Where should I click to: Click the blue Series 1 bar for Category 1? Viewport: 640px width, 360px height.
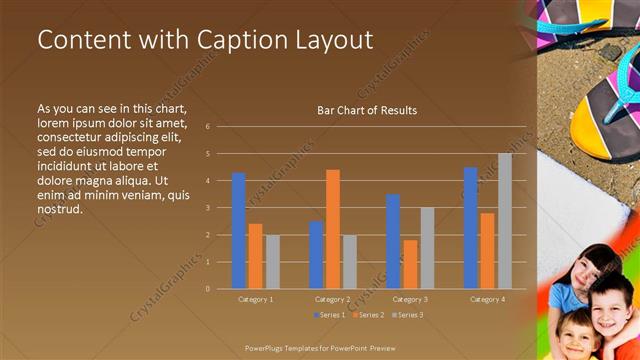tap(238, 231)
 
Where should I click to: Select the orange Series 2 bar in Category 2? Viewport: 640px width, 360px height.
tap(333, 229)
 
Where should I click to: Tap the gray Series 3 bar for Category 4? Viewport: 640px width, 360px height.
tap(505, 221)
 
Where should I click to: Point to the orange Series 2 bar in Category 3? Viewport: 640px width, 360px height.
tap(410, 264)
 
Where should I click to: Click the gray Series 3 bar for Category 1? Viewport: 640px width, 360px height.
tap(273, 262)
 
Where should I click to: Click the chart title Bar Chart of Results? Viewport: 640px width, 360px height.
tap(367, 110)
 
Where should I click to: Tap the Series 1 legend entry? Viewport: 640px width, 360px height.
tap(331, 315)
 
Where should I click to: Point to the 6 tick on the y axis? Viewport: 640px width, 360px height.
tap(207, 127)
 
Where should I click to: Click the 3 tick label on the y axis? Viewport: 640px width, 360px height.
tap(207, 208)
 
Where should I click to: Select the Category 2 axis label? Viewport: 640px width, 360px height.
tap(333, 299)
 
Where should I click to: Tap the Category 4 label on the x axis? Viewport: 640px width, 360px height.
tap(487, 299)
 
